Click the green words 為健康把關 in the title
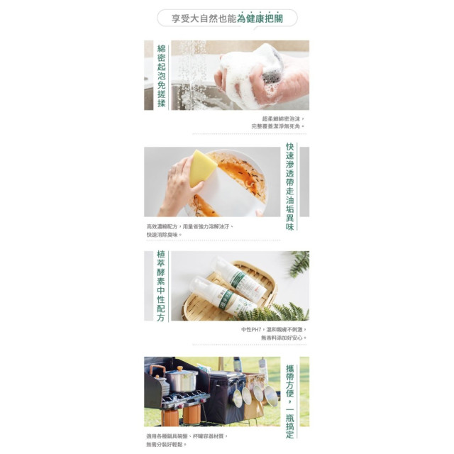[x=260, y=18]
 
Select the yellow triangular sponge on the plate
[x=202, y=167]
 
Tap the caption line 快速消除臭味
[x=164, y=234]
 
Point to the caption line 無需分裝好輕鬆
[x=167, y=445]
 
